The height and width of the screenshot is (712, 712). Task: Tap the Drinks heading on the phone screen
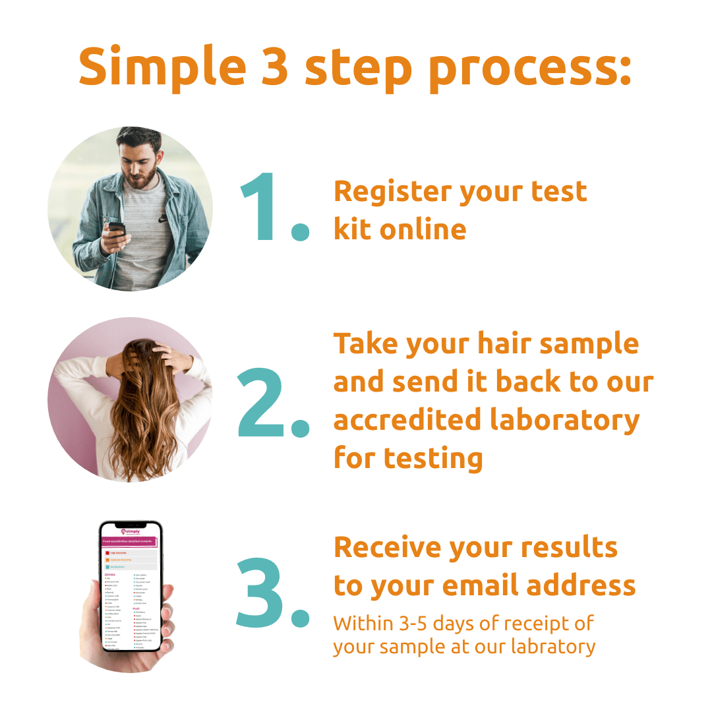(110, 574)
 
